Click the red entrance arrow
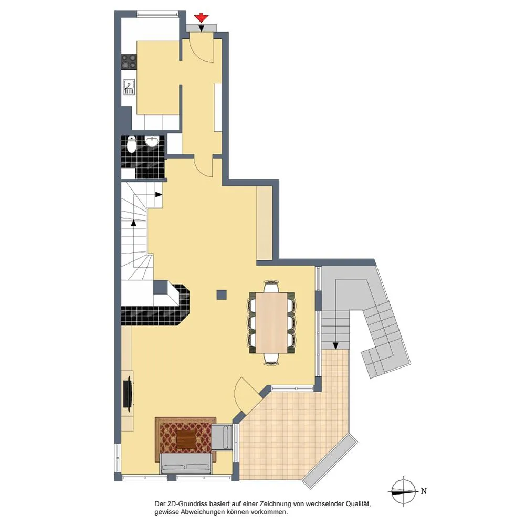click(201, 18)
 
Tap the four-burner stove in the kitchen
click(129, 61)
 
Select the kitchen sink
click(129, 87)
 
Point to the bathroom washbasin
click(152, 141)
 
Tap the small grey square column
click(222, 295)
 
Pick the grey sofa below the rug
click(186, 464)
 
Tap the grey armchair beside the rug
click(222, 437)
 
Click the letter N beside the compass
click(424, 491)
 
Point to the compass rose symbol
click(403, 491)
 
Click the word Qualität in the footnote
click(358, 503)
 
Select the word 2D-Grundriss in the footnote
click(186, 504)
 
